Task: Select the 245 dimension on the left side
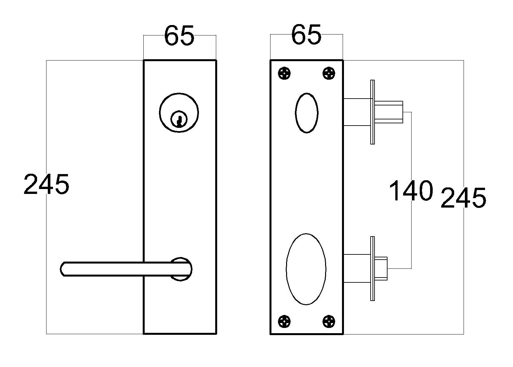46,184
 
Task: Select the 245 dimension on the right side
463,197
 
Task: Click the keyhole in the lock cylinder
178,119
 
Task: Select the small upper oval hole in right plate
306,113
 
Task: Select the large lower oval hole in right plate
306,269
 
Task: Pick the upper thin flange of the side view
373,112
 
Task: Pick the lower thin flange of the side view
373,268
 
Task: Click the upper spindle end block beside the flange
389,112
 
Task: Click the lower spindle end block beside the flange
381,268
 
